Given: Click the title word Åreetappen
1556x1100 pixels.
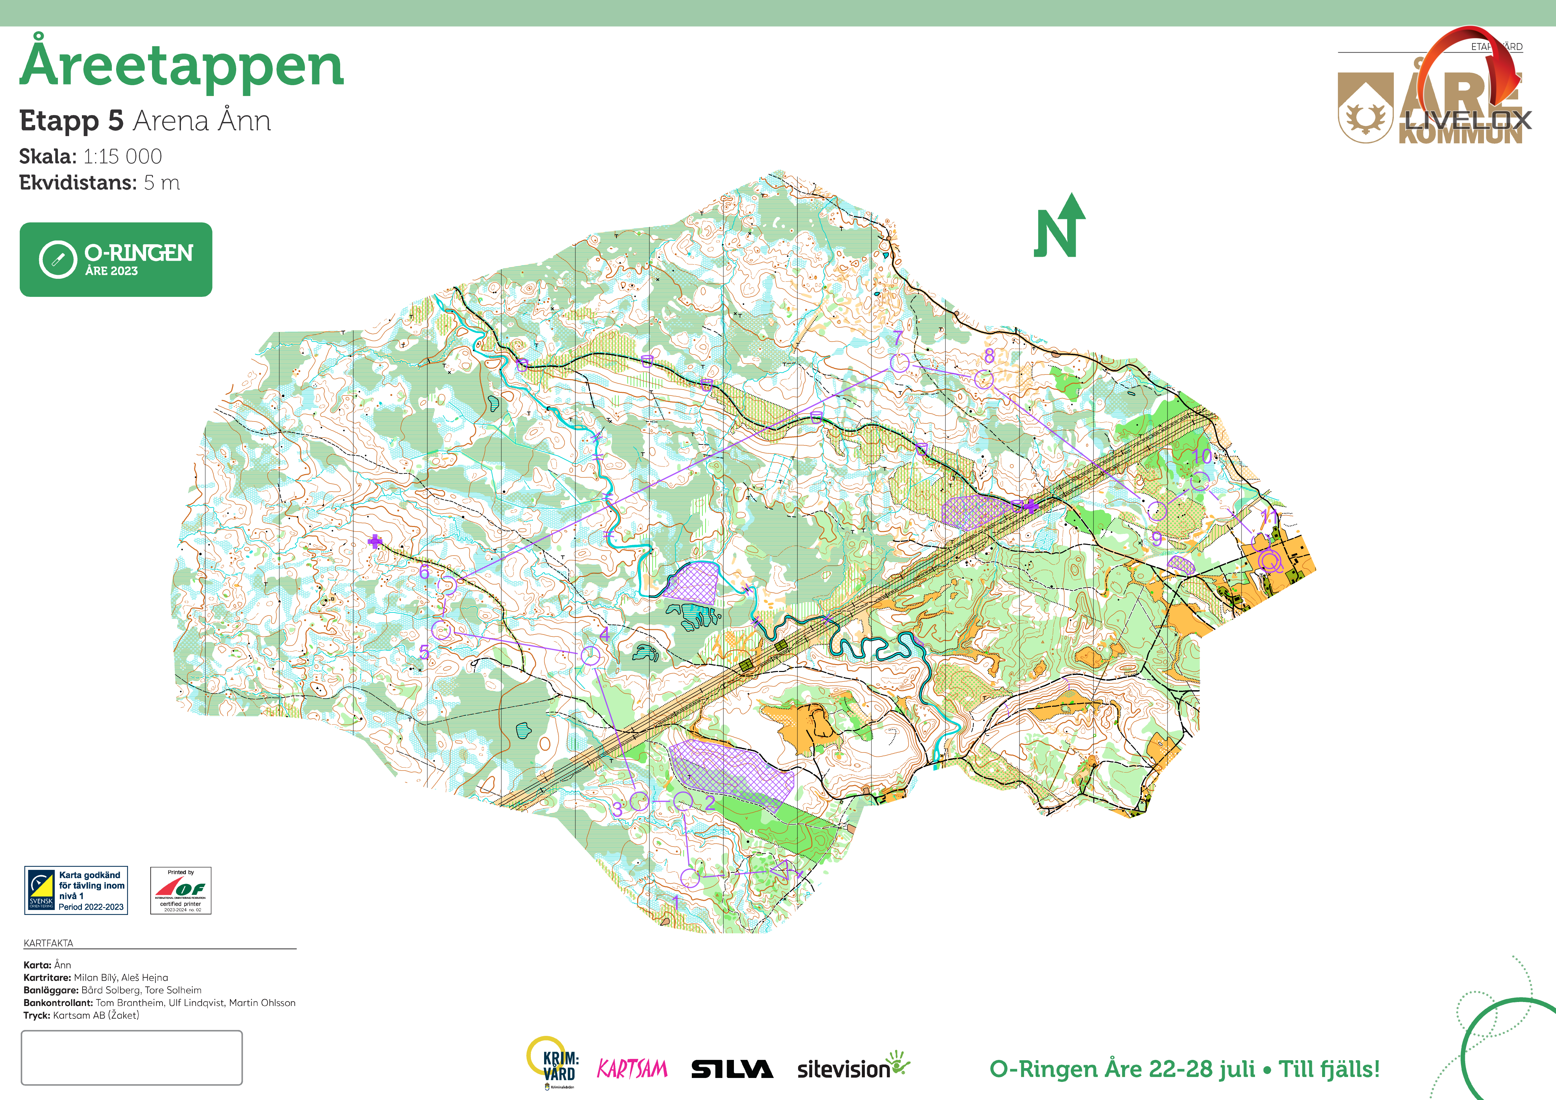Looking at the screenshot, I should coord(182,66).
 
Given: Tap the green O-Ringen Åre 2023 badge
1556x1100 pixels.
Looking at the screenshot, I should coord(116,259).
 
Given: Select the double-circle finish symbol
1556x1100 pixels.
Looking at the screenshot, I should coord(1270,561).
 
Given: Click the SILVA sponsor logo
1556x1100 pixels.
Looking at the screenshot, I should coord(732,1069).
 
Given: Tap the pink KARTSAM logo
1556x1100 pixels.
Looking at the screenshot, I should coord(632,1069).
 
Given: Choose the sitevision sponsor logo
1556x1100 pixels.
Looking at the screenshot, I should coord(853,1067).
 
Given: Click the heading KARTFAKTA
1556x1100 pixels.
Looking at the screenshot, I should coord(48,943).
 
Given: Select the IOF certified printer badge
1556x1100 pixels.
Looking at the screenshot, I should coord(180,890).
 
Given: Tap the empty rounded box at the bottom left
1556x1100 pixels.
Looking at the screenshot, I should coord(132,1057).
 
